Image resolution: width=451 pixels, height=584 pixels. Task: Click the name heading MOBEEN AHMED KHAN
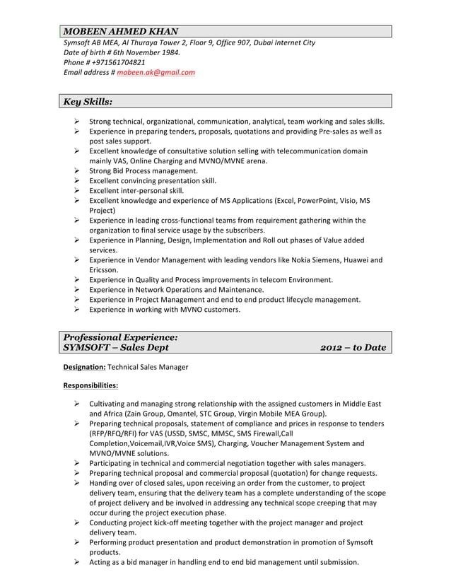(121, 31)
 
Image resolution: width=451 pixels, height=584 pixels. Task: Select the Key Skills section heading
(88, 102)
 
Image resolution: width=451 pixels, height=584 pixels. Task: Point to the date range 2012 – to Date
(353, 347)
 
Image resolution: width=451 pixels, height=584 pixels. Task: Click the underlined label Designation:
(85, 368)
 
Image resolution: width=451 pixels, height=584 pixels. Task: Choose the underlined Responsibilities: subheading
(90, 386)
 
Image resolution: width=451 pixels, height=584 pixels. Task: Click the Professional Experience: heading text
(120, 337)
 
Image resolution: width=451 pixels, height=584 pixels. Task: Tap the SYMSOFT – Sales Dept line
(116, 347)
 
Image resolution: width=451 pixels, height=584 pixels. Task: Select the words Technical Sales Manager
(148, 368)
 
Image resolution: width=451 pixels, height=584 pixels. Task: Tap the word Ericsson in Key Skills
(103, 269)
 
